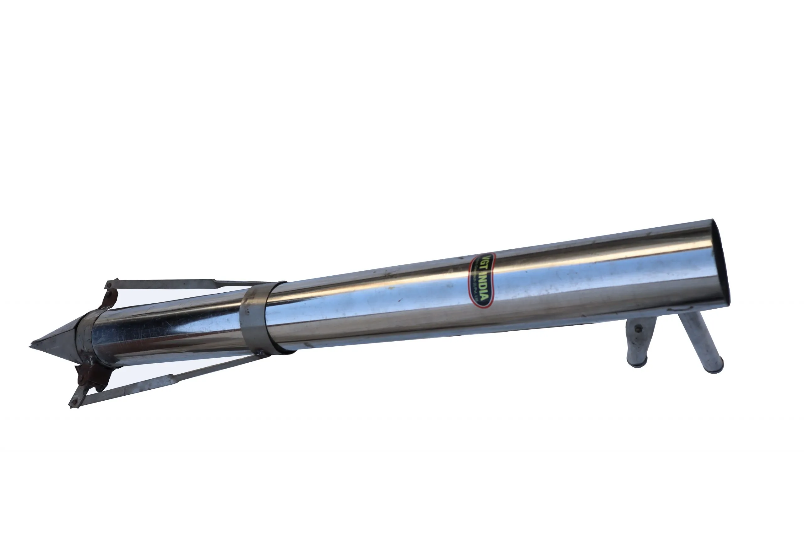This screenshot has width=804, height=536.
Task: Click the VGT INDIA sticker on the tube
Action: [x=482, y=280]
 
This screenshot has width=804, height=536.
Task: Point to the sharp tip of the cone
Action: [x=32, y=346]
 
